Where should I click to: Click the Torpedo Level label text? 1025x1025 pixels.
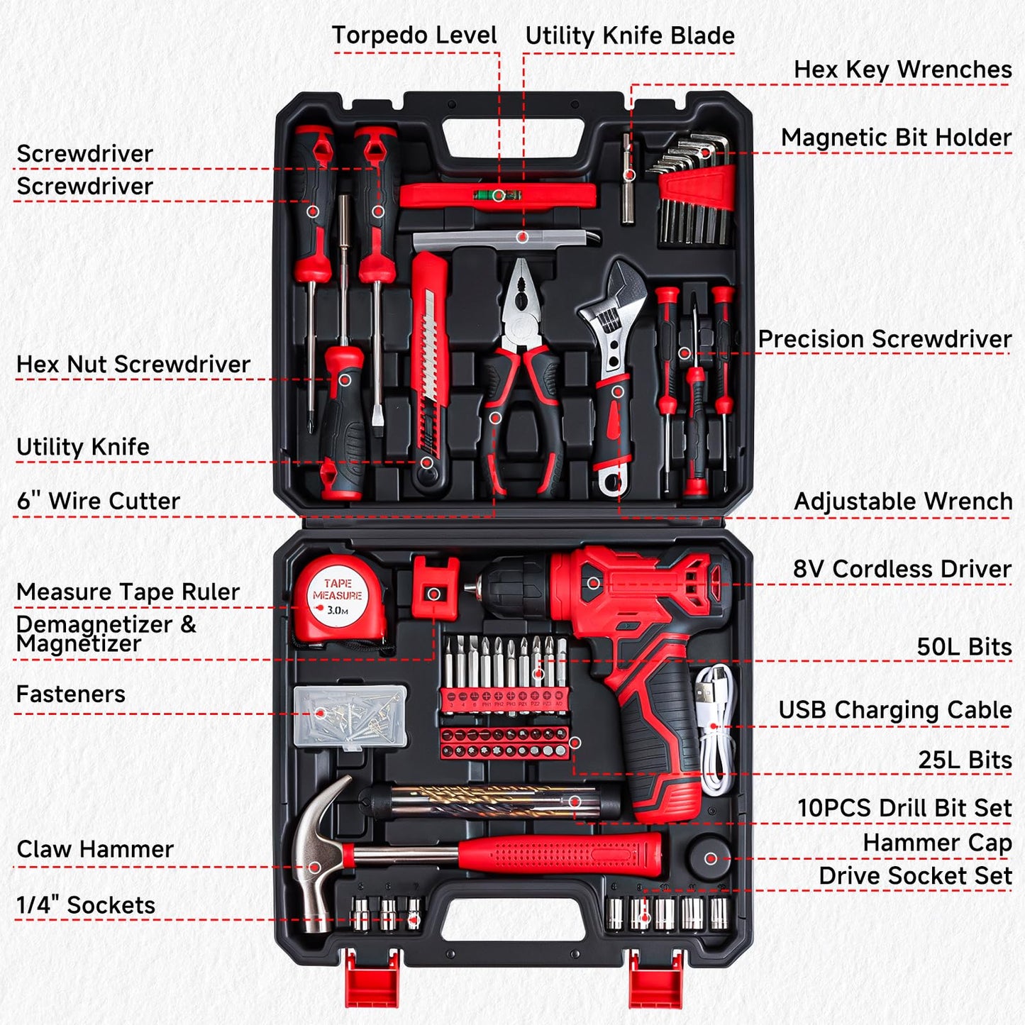[414, 35]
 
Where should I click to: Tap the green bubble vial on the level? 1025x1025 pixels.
[499, 194]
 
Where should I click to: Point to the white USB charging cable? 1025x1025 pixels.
[714, 731]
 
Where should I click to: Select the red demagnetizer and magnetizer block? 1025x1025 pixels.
[434, 586]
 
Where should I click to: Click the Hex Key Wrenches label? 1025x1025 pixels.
[902, 70]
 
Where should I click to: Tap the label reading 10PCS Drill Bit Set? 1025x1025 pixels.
[904, 808]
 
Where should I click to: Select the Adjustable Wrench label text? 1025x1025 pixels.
[902, 502]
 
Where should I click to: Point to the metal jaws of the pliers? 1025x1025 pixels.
[521, 298]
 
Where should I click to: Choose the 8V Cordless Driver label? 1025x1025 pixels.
[902, 569]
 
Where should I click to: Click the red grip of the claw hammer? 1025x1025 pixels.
[560, 854]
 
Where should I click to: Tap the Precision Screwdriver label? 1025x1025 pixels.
[884, 339]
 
